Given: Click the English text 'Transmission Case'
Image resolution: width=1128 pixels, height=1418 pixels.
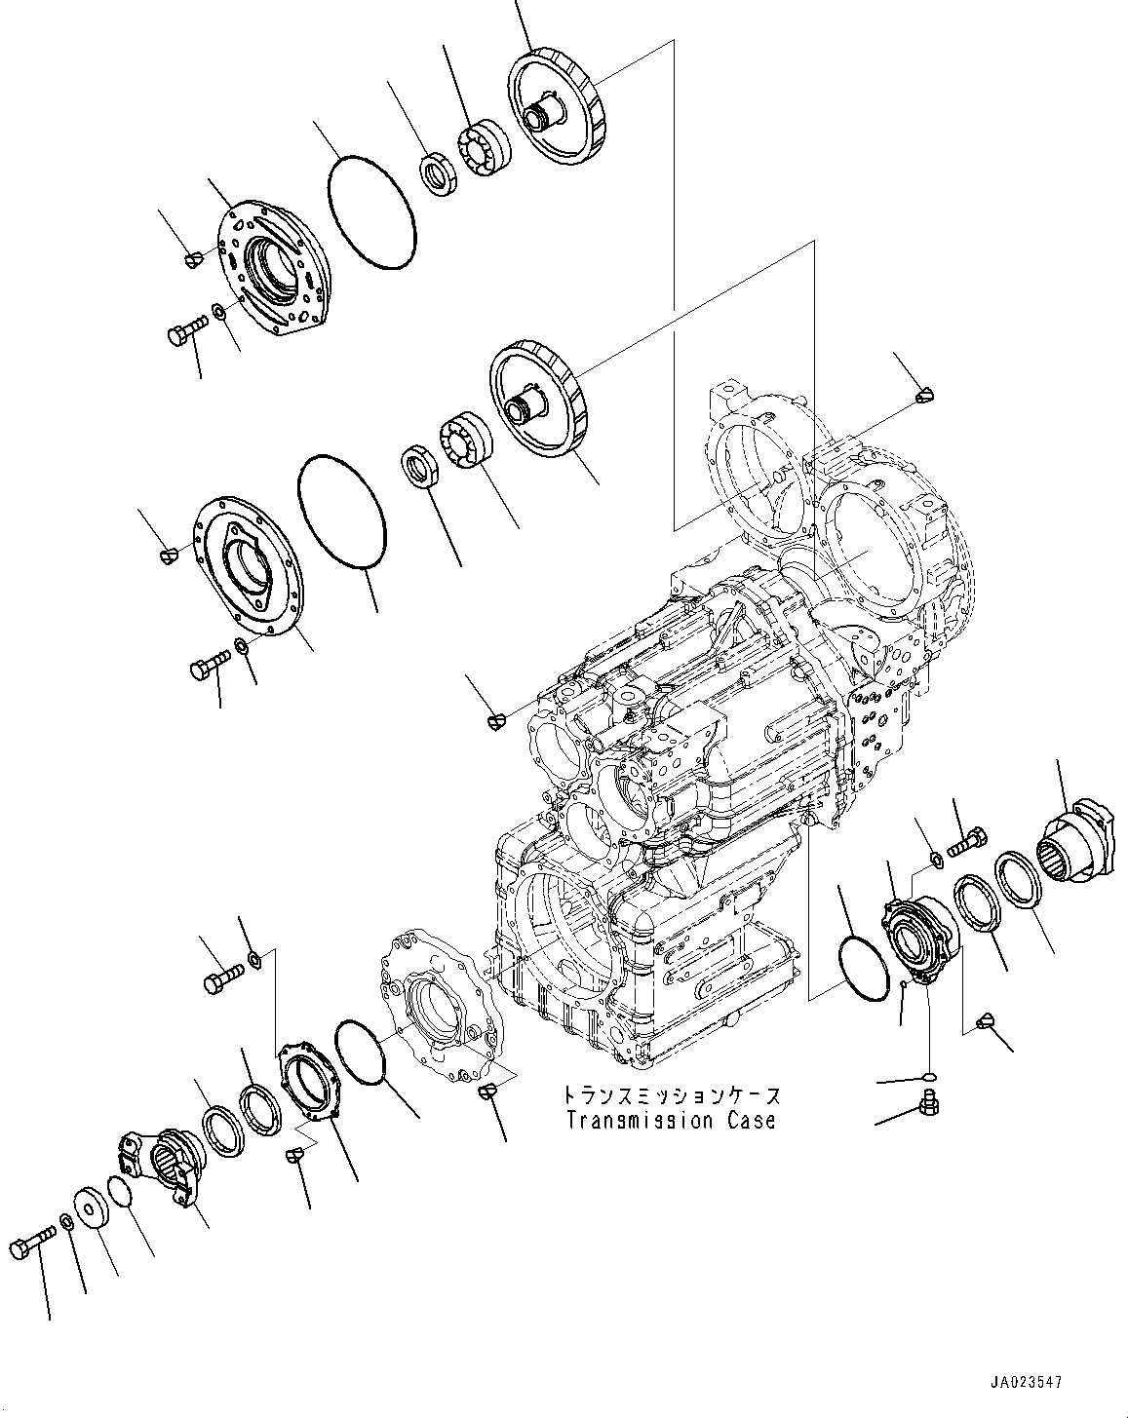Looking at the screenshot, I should [x=671, y=1121].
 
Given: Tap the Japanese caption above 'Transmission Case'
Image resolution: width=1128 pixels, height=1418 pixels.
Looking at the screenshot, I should [x=671, y=1095].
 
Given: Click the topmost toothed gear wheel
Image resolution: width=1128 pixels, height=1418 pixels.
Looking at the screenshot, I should [x=556, y=108].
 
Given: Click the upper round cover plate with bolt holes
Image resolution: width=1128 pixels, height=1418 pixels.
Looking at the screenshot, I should [x=267, y=268].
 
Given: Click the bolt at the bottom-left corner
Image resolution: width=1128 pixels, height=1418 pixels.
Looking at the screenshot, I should [x=32, y=1248].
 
